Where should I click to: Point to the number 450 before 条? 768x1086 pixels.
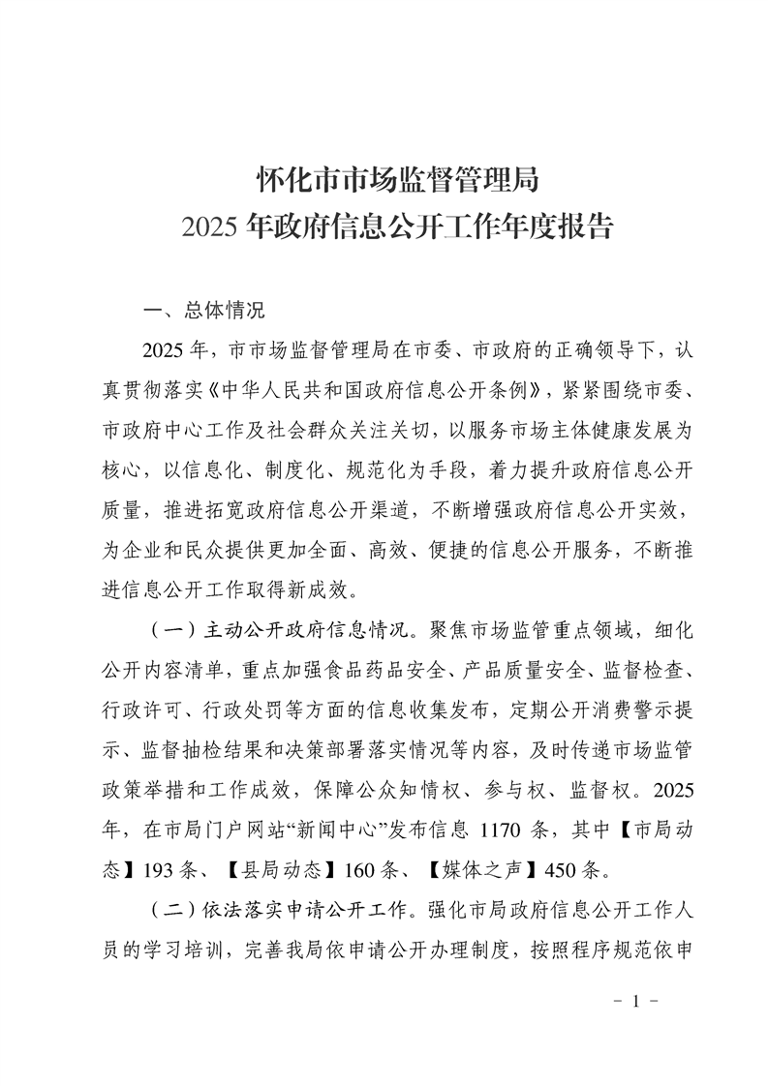pos(563,868)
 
